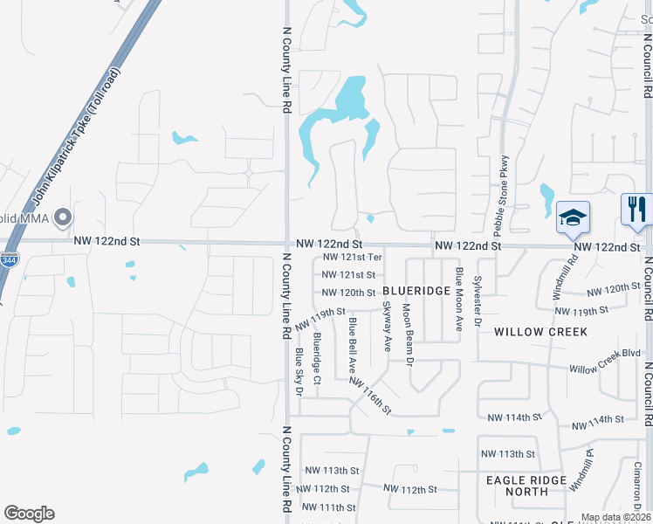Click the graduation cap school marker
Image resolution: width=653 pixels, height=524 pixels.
(x=574, y=217)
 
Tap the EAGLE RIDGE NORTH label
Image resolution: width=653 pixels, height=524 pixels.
(x=530, y=486)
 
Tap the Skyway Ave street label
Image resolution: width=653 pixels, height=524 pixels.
(x=387, y=326)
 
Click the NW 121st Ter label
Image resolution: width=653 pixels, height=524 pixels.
(x=352, y=257)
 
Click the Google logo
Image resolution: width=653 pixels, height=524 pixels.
(x=29, y=514)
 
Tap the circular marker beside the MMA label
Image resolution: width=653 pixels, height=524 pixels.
(x=62, y=217)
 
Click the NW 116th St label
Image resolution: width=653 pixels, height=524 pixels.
(x=370, y=394)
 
